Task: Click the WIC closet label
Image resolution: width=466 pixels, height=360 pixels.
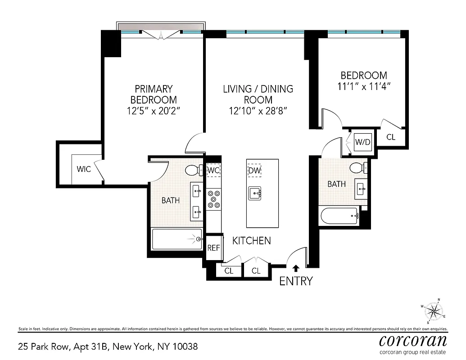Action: pyautogui.click(x=84, y=169)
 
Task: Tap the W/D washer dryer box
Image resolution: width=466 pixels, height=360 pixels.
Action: pyautogui.click(x=363, y=142)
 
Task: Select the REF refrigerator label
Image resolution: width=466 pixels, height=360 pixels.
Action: pyautogui.click(x=213, y=247)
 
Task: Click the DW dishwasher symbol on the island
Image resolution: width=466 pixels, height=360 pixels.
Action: pyautogui.click(x=254, y=171)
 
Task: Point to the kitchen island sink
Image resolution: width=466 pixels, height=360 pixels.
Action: pyautogui.click(x=255, y=193)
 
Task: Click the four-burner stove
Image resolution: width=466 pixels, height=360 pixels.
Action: pyautogui.click(x=213, y=199)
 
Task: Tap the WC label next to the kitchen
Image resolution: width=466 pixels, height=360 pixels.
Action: pyautogui.click(x=213, y=170)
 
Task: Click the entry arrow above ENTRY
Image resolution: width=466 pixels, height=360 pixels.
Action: pyautogui.click(x=296, y=269)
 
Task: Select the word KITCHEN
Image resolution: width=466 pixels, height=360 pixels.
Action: pyautogui.click(x=251, y=241)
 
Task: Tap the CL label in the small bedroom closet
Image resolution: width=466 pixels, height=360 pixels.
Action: pyautogui.click(x=391, y=137)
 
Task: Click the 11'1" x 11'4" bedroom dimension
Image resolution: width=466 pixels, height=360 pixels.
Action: pyautogui.click(x=363, y=86)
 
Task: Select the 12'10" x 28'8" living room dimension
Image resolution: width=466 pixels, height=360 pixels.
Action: pyautogui.click(x=258, y=110)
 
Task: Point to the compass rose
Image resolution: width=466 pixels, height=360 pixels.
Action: pyautogui.click(x=434, y=310)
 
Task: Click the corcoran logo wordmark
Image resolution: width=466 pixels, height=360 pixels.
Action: pyautogui.click(x=413, y=339)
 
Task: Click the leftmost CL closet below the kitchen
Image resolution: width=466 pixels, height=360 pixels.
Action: pyautogui.click(x=229, y=270)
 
